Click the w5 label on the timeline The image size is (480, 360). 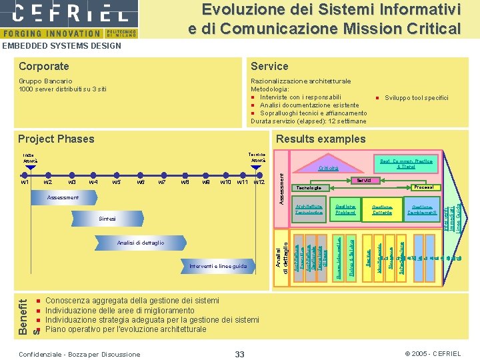[x=117, y=182]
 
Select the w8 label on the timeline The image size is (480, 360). [x=185, y=182]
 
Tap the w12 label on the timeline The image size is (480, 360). [x=259, y=182]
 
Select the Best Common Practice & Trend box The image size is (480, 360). [x=406, y=163]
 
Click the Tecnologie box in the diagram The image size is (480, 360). [x=311, y=188]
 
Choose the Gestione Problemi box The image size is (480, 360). [x=345, y=209]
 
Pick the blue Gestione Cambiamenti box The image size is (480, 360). [x=423, y=209]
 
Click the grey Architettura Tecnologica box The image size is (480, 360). [x=309, y=209]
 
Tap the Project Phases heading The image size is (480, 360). [x=57, y=139]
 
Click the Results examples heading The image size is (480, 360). [x=321, y=139]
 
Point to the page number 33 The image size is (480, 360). [x=239, y=353]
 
